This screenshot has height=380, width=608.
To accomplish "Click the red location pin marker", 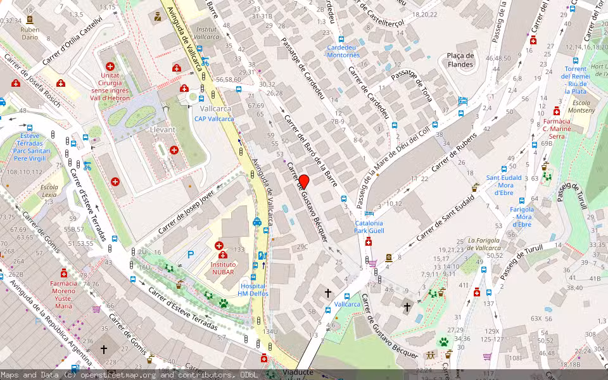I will coord(303,182).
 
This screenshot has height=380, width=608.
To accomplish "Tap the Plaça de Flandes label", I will coord(460,60).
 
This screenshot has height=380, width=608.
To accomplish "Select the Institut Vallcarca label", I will coord(206,34).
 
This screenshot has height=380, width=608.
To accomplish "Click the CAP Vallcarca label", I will coord(213,118).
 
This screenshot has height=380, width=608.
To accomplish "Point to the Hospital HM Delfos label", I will coord(253,289).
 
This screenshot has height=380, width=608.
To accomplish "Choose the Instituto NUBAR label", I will coord(223,268).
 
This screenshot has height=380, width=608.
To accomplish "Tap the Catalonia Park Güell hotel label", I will coord(369,227).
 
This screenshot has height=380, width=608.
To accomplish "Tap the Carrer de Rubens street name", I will coord(453,156).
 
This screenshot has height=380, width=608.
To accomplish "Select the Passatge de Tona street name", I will coord(412,85).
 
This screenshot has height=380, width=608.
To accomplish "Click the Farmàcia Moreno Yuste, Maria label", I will coord(63,294).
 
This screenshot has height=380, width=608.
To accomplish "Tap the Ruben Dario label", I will coord(30,33).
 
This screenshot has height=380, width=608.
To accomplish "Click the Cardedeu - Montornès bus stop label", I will coord(343,51).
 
